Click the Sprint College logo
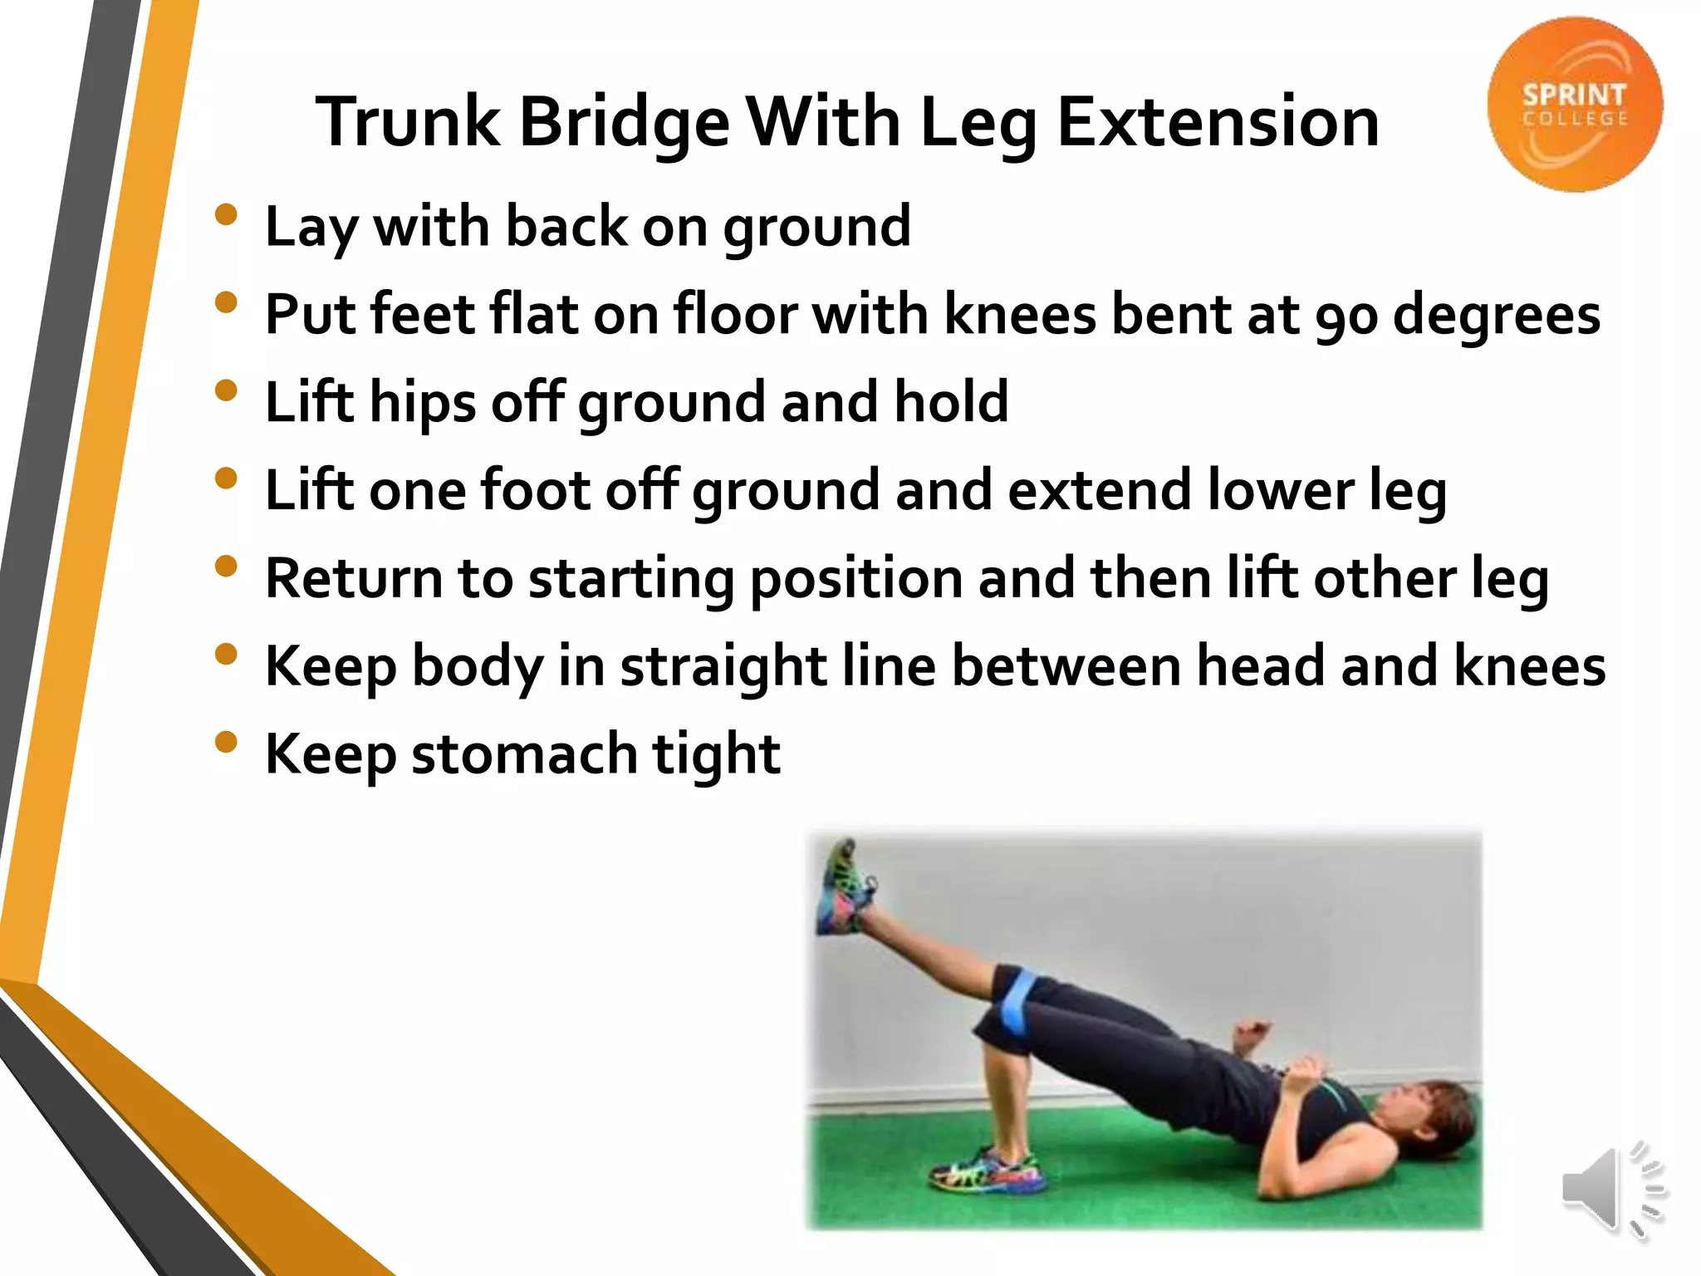[x=1574, y=105]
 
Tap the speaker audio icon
[x=1611, y=1192]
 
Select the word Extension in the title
[x=1218, y=121]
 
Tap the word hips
[x=423, y=404]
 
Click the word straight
[x=723, y=667]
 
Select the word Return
[x=354, y=578]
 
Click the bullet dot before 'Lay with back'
[x=226, y=215]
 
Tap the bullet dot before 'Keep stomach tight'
[x=226, y=742]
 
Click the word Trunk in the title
[x=408, y=122]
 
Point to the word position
[x=856, y=580]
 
